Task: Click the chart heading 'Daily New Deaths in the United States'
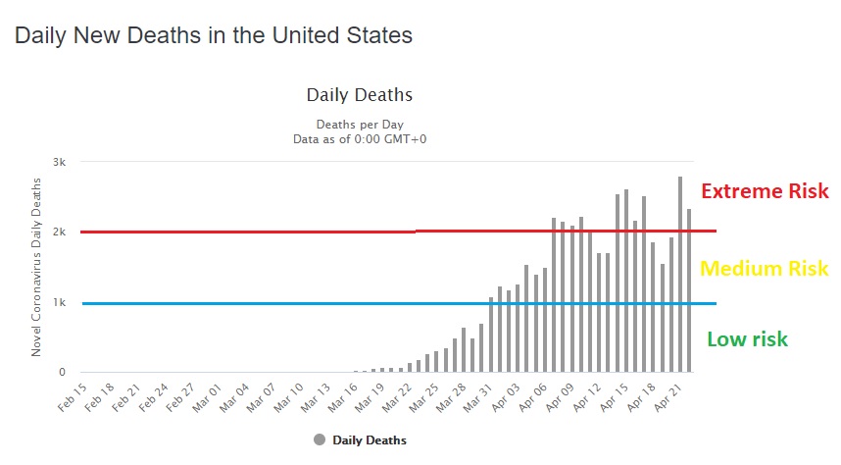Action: coord(213,35)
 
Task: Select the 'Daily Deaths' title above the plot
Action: coord(360,95)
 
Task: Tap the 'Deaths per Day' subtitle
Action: coord(360,125)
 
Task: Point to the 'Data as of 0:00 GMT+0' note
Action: coord(360,139)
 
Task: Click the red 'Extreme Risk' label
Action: coord(766,191)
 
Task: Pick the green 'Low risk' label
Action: coord(747,339)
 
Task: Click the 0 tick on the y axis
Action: coord(61,373)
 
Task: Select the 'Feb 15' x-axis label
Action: coord(71,394)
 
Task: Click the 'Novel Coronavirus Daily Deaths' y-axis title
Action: coord(36,267)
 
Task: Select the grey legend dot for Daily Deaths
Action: coord(320,440)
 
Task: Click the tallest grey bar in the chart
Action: coord(680,275)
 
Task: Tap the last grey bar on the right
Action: coord(689,290)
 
